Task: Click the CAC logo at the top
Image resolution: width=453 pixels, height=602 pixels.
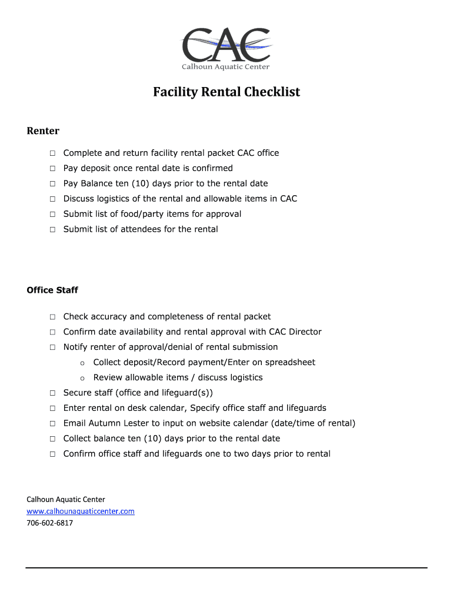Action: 226,49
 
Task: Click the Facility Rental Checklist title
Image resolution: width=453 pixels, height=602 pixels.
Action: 226,92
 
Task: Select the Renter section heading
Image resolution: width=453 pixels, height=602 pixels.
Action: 43,131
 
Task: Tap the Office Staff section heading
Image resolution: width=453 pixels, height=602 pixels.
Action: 52,290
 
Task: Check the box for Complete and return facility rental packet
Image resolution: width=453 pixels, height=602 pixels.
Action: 52,153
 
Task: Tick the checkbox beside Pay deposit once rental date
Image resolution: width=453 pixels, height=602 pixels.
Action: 52,169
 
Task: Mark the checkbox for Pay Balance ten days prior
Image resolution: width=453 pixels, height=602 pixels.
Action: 52,184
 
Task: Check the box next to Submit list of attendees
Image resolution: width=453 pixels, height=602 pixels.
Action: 52,230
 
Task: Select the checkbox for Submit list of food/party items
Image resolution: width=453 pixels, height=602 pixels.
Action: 52,215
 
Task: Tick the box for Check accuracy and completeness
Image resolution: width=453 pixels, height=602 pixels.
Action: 52,317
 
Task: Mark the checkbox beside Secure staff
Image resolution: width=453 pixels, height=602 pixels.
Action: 52,393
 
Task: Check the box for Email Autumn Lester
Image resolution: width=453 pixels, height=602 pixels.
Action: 52,424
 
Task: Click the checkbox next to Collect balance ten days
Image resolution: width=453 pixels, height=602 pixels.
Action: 52,439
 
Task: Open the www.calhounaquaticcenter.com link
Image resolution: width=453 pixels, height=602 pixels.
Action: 81,511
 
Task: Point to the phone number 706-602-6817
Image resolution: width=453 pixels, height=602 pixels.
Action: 50,523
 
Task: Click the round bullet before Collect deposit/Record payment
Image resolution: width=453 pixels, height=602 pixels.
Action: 82,363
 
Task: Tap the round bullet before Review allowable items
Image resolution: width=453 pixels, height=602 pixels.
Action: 82,379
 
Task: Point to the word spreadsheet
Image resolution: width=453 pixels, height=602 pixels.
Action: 292,362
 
